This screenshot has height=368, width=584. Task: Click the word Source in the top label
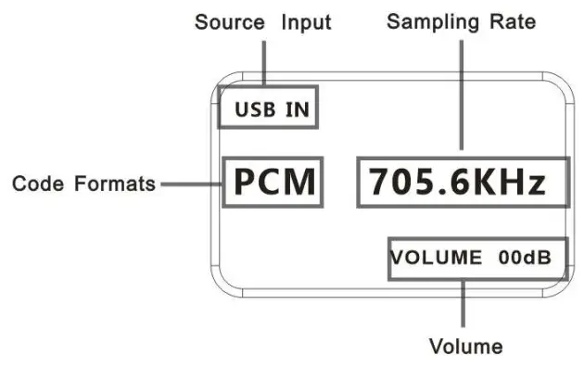click(x=229, y=22)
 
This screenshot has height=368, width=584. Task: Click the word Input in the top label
click(x=306, y=22)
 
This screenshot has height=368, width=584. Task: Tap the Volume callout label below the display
click(x=465, y=348)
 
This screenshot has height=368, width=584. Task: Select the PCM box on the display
click(x=273, y=183)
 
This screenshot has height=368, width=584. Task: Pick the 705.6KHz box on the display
click(x=462, y=183)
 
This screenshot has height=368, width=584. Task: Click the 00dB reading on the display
click(x=529, y=259)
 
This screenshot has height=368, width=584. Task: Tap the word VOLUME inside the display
click(x=436, y=259)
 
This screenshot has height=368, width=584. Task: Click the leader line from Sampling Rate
click(x=460, y=93)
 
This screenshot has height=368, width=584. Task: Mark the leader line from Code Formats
click(x=189, y=184)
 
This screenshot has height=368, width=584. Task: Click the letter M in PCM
click(x=298, y=183)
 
